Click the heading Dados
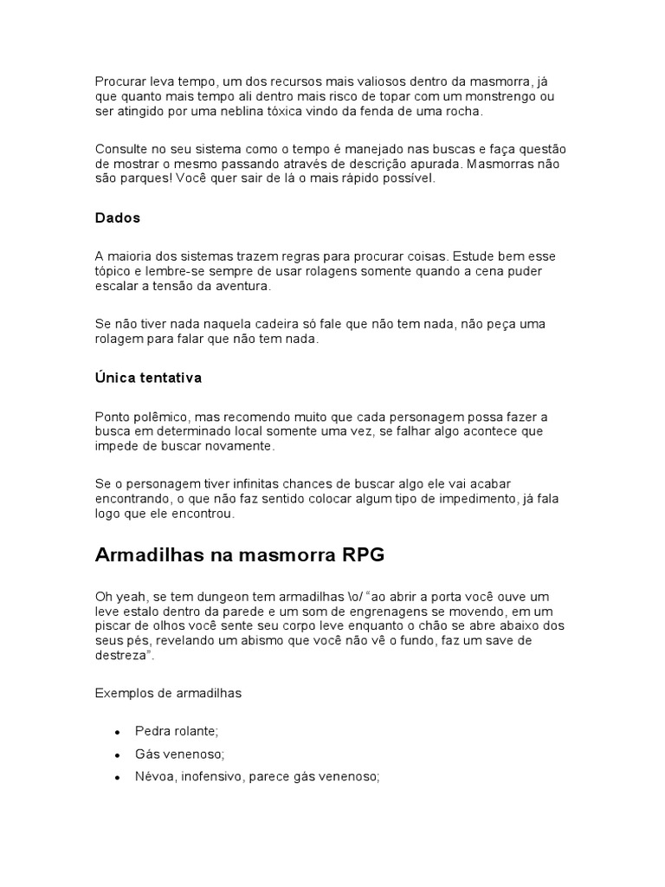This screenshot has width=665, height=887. click(x=117, y=218)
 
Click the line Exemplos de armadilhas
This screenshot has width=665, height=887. click(x=168, y=693)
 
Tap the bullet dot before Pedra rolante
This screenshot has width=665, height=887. click(x=117, y=732)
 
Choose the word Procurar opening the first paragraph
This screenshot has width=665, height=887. click(x=120, y=81)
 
